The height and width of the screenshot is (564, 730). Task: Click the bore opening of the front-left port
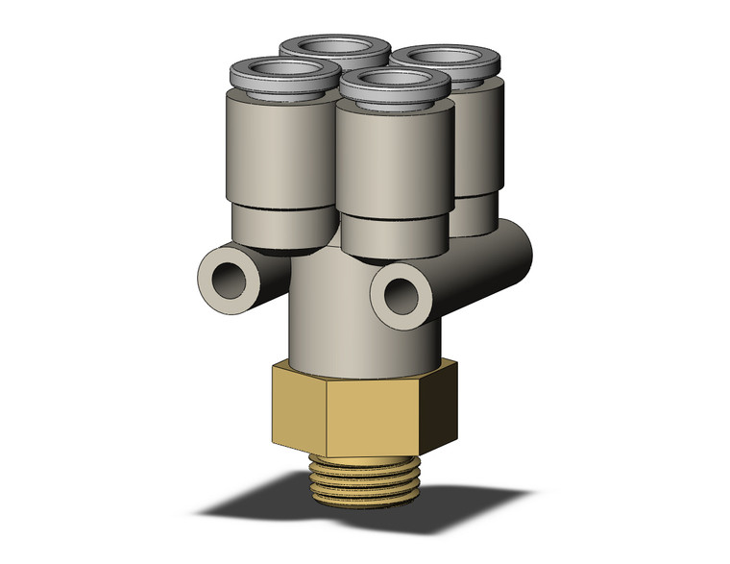pyautogui.click(x=278, y=70)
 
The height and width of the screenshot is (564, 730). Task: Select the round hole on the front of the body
pyautogui.click(x=396, y=298)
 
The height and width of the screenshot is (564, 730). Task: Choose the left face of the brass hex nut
pyautogui.click(x=300, y=404)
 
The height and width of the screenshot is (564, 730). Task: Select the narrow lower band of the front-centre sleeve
pyautogui.click(x=393, y=235)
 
